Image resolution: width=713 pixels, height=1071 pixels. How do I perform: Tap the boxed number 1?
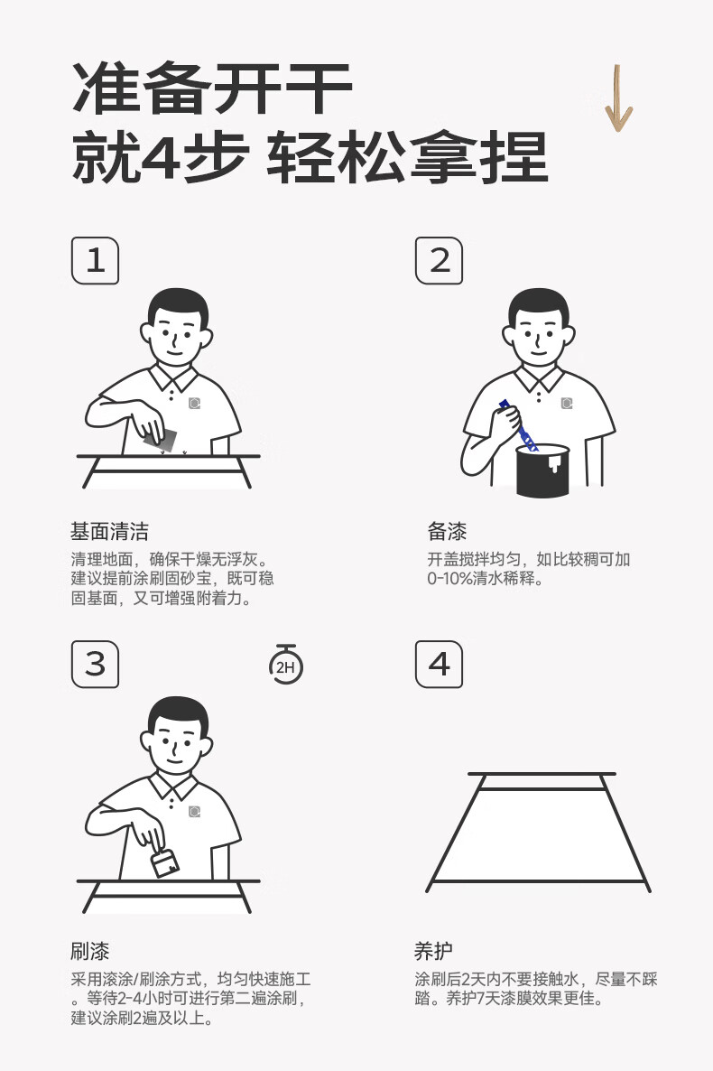(x=95, y=260)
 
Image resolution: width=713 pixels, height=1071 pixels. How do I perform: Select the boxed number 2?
(x=440, y=260)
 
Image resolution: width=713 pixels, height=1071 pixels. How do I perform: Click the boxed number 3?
(x=95, y=664)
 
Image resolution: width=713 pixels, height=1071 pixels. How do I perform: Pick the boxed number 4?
(x=440, y=664)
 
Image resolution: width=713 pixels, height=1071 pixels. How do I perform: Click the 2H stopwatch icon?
(x=285, y=665)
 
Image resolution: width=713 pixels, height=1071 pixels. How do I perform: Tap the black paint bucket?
(x=543, y=470)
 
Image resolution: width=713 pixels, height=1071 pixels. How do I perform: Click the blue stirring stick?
(x=518, y=425)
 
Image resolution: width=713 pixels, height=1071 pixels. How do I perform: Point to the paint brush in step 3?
(x=164, y=862)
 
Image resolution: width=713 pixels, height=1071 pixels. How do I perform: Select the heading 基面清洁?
(x=109, y=531)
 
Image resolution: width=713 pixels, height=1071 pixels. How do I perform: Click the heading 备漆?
(x=448, y=531)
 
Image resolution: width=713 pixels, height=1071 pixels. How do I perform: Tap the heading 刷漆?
(x=90, y=951)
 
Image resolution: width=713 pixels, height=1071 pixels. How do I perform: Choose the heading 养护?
(x=434, y=951)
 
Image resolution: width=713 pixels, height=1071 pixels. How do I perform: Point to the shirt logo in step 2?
(x=566, y=404)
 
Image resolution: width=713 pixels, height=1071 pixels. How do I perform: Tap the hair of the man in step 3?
(x=178, y=714)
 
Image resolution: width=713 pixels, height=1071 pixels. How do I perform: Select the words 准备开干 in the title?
(x=212, y=88)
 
